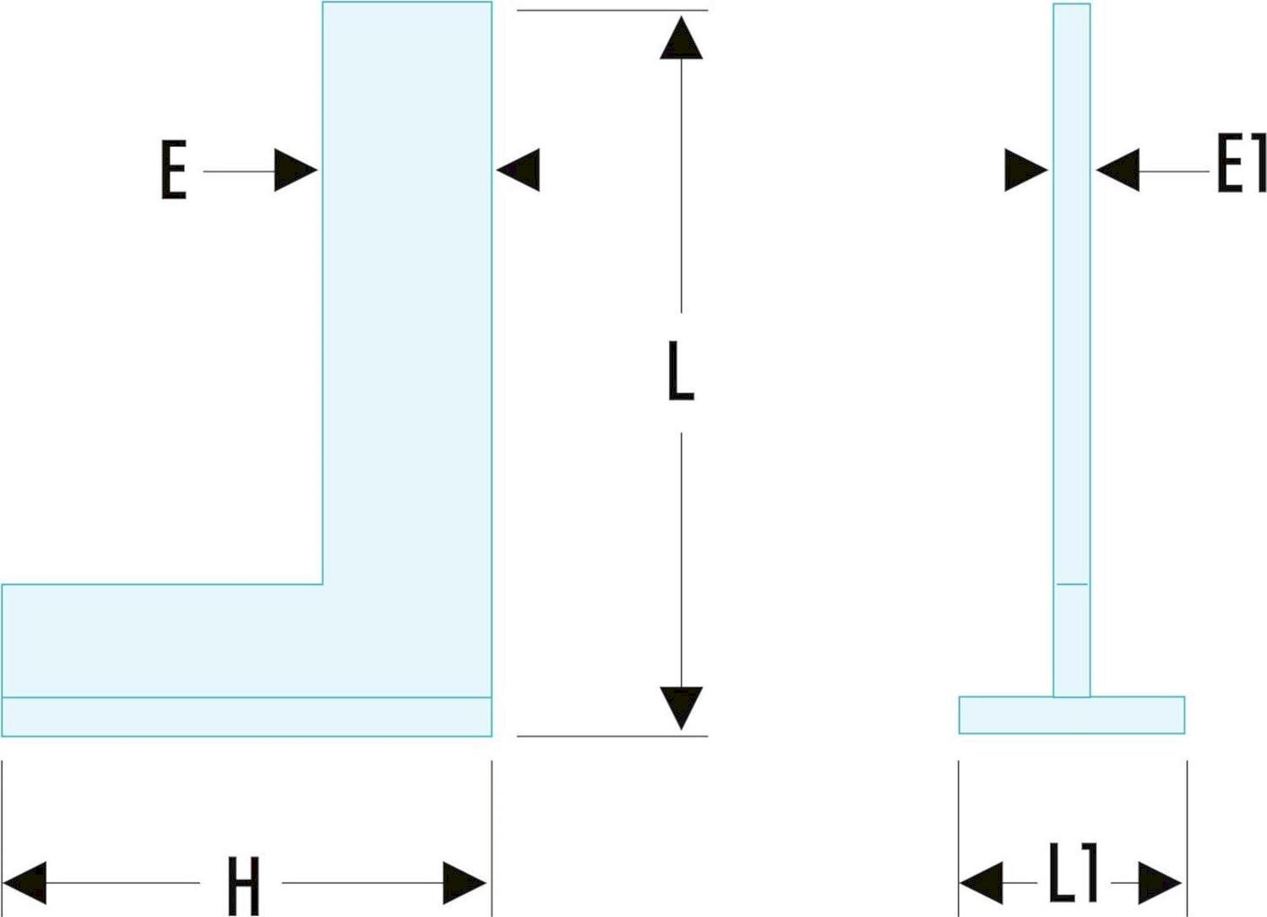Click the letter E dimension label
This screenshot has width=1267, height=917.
click(173, 171)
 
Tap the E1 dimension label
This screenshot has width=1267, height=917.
click(1240, 165)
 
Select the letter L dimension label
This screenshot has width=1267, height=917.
click(680, 372)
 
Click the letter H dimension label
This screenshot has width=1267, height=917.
click(242, 885)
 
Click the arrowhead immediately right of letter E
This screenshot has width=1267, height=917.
click(295, 171)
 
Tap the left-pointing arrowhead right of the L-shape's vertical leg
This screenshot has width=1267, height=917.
click(519, 170)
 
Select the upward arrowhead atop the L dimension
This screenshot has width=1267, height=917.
click(681, 39)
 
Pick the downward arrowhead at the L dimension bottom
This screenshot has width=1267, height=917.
click(681, 707)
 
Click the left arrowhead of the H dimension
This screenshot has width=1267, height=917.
click(26, 883)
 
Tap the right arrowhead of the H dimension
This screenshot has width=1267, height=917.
click(464, 883)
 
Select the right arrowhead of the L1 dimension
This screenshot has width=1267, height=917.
click(1159, 883)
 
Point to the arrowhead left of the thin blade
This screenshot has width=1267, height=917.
click(1025, 171)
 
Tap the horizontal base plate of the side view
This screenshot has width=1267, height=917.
click(1071, 715)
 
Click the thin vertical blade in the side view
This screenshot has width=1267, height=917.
click(1071, 338)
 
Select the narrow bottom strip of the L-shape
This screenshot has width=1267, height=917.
click(246, 717)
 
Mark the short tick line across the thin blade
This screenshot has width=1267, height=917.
click(1071, 583)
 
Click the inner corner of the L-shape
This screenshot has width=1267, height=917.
click(323, 583)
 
